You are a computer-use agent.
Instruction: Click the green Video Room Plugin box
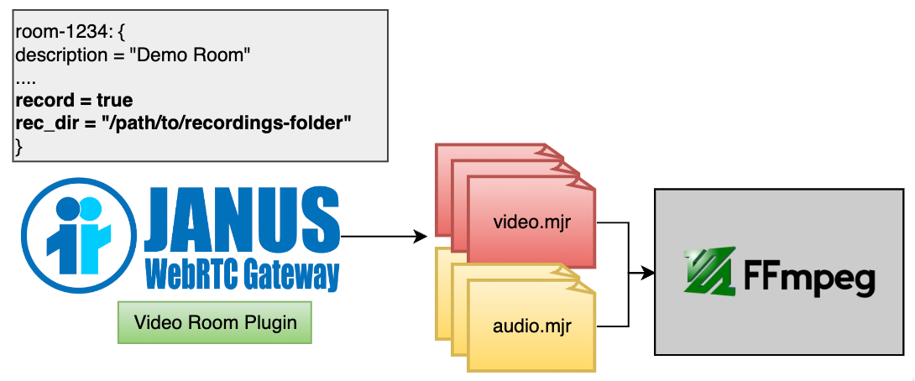[x=215, y=322]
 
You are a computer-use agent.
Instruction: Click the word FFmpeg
[x=809, y=276]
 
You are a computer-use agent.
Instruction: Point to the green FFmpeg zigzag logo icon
[x=709, y=271]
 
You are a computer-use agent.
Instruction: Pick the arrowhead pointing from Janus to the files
[x=421, y=237]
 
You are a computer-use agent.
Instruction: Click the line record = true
[x=74, y=100]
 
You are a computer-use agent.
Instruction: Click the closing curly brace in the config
[x=19, y=144]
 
